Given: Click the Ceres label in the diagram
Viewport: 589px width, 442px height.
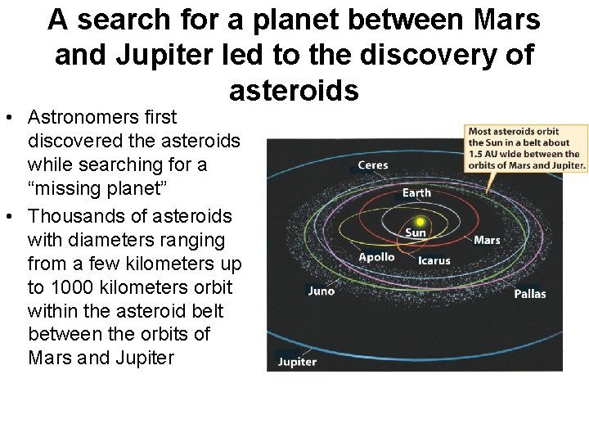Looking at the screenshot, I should click(372, 165).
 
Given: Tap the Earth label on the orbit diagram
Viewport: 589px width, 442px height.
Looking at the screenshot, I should click(416, 193).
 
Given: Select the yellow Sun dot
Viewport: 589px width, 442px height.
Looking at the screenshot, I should click(420, 222).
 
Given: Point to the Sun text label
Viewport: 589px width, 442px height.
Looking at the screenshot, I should click(416, 233).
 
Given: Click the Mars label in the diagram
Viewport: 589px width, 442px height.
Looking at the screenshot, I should click(487, 240).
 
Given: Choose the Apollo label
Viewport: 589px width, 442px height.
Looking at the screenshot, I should click(376, 257).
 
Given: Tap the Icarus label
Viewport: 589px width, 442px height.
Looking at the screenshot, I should click(434, 260).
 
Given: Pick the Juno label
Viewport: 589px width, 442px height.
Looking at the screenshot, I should click(321, 291).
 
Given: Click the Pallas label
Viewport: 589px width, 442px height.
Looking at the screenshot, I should click(529, 293).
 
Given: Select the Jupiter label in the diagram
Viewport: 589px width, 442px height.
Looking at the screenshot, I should click(297, 362).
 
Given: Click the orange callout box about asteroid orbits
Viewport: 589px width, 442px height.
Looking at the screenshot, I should click(526, 147).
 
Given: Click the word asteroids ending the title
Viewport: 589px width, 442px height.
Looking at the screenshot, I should click(294, 90).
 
